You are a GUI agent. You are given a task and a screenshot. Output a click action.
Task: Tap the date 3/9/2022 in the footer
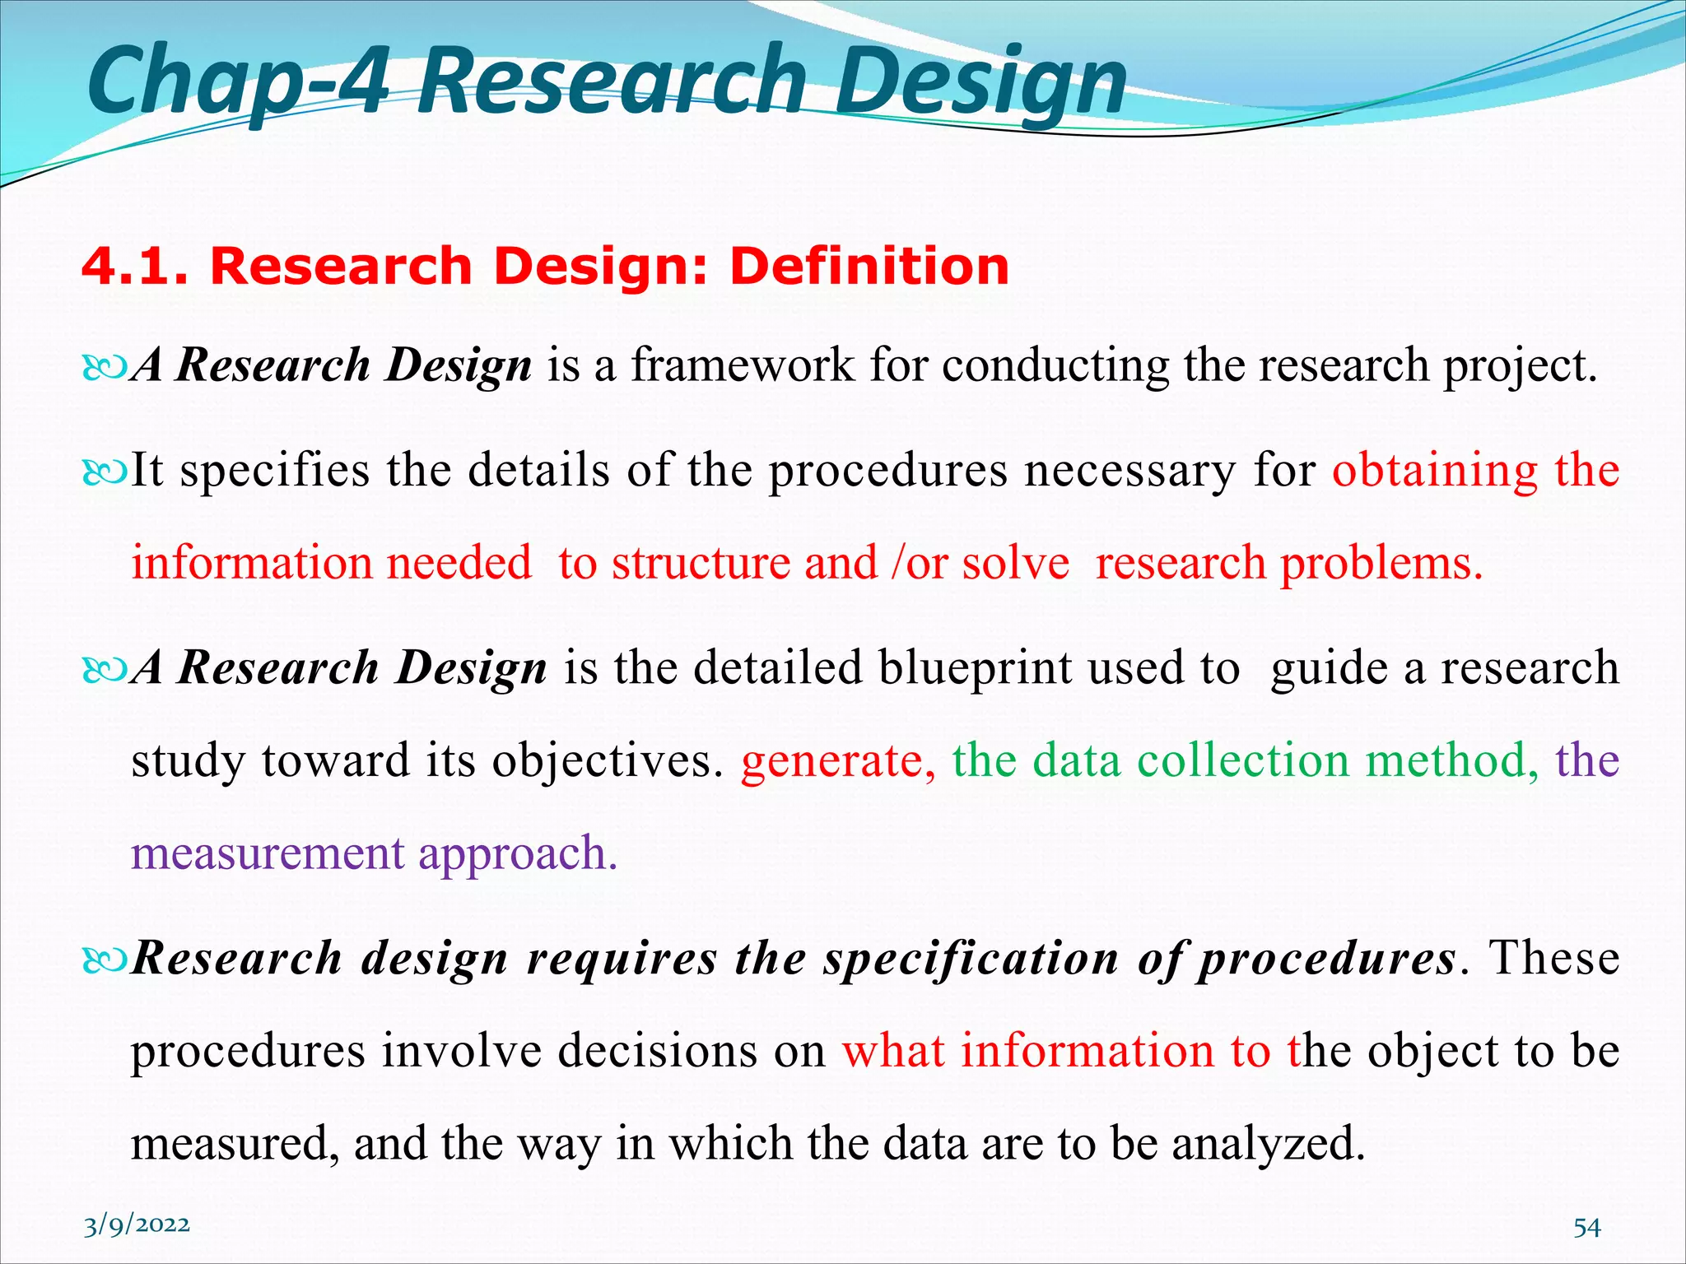click(x=137, y=1225)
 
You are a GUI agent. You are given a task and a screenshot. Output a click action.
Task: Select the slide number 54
click(x=1586, y=1228)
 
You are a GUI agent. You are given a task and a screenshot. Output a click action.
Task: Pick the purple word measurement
click(x=267, y=853)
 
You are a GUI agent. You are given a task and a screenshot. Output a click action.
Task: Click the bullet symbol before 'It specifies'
click(x=105, y=472)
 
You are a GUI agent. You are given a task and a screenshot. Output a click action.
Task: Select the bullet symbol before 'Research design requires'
click(x=105, y=960)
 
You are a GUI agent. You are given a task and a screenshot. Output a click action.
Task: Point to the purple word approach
click(x=518, y=853)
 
